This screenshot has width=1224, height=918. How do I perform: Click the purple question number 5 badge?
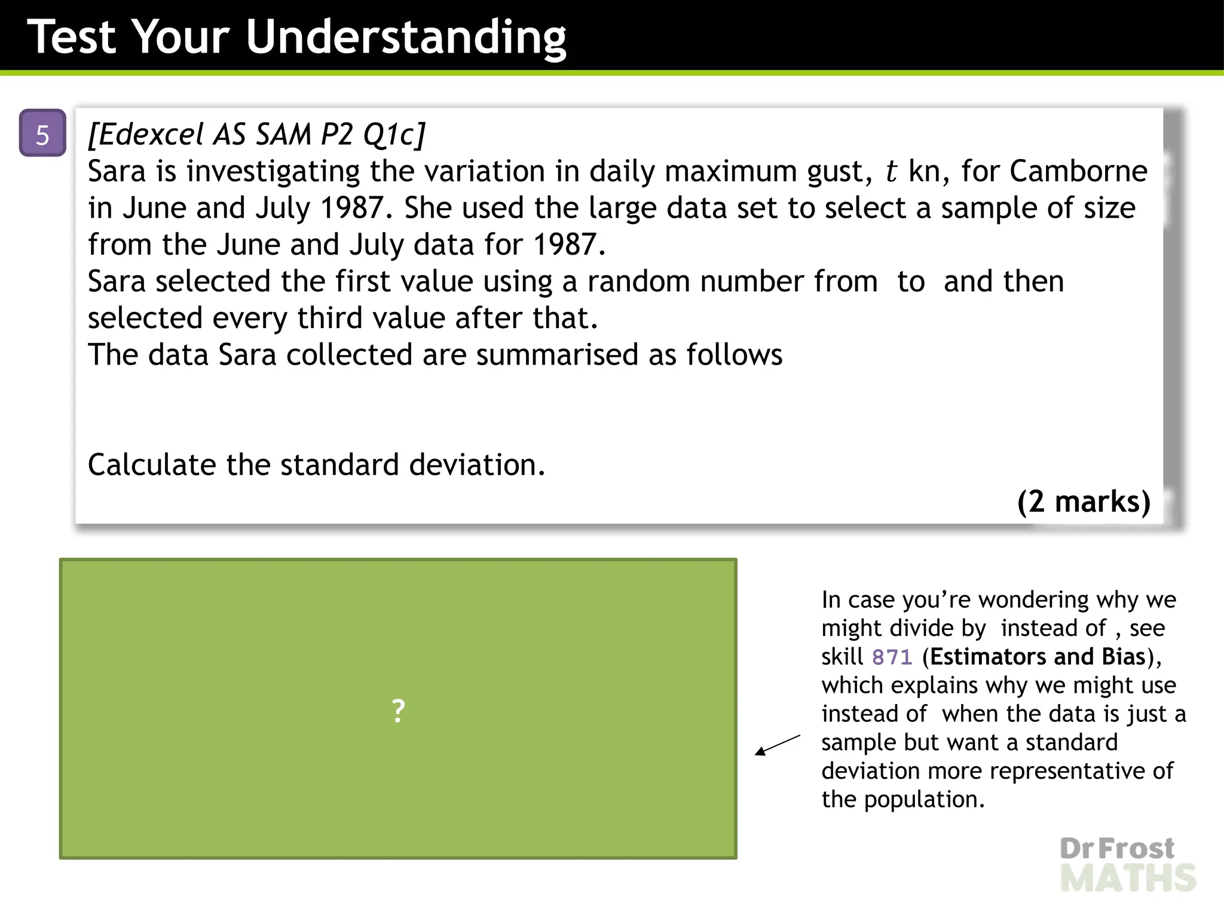(x=42, y=134)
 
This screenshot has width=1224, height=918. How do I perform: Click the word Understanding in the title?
(x=406, y=37)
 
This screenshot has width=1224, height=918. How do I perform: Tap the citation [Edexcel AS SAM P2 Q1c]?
(x=256, y=134)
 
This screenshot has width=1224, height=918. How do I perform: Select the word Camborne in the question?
(x=1078, y=172)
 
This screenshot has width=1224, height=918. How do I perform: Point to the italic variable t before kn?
(x=891, y=172)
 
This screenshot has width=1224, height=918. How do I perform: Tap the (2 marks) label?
(x=1084, y=501)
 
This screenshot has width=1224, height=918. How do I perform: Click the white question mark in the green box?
(x=398, y=711)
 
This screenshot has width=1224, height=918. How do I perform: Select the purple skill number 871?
(x=892, y=657)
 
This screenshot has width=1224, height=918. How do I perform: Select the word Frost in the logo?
(x=1137, y=849)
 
